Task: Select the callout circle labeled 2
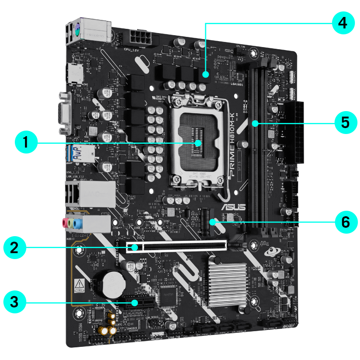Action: coord(14,247)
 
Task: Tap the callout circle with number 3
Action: coord(14,302)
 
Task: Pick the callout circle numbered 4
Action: coord(343,23)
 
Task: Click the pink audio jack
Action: coord(66,223)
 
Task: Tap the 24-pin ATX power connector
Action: coord(297,131)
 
